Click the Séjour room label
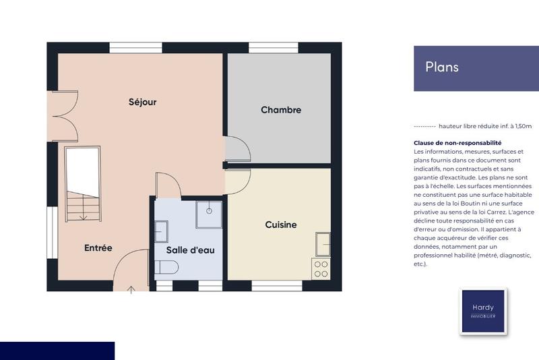142,102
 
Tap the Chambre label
281,110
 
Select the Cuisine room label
280,224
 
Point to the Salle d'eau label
190,250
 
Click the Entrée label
98,247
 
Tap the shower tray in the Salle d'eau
209,214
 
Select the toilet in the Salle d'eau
166,268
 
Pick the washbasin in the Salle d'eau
161,231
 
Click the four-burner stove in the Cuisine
321,269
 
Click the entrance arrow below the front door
131,290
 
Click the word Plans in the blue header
442,67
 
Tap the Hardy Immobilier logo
483,311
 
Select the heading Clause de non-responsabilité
457,143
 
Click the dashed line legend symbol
424,126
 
